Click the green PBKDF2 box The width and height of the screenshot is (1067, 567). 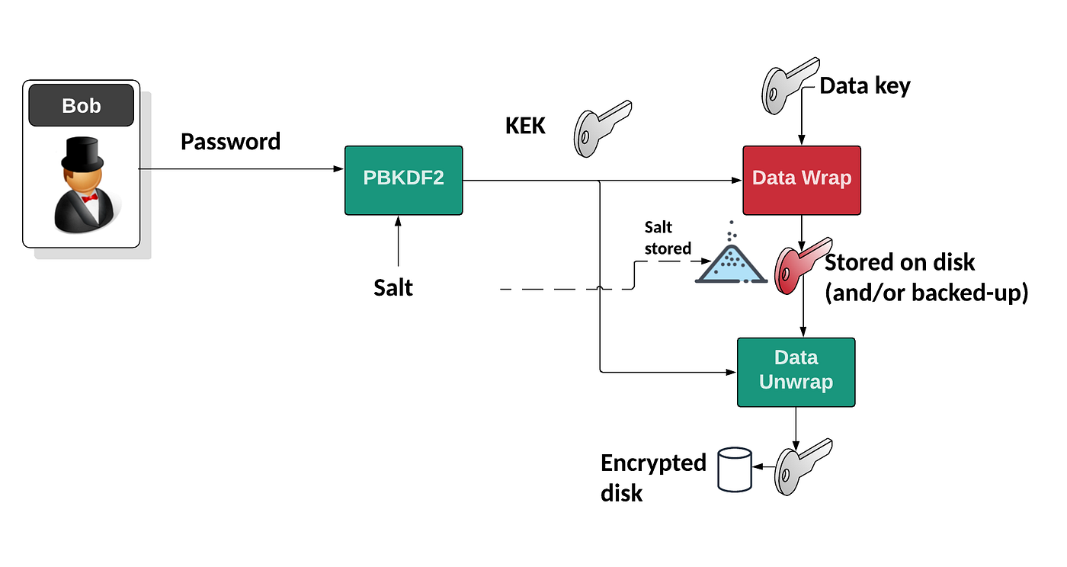403,181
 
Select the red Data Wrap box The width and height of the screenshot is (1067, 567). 802,180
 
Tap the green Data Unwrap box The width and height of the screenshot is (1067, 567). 796,371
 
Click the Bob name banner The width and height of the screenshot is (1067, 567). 81,105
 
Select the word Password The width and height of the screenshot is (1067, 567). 230,142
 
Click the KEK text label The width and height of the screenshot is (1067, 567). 525,126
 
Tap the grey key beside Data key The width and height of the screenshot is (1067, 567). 789,85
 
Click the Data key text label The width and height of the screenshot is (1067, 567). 865,86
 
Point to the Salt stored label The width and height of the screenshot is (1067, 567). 667,238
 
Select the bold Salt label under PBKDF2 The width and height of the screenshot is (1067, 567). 393,287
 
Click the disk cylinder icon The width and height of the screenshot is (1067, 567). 735,470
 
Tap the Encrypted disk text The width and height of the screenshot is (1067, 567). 652,477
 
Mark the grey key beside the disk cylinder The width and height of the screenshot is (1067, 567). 802,466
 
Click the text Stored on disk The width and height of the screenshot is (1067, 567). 899,262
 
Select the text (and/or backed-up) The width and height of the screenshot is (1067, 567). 927,293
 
